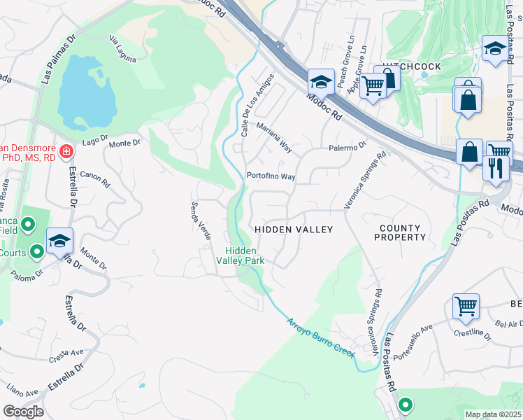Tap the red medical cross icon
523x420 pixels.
pos(66,151)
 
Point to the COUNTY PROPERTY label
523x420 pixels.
pos(402,233)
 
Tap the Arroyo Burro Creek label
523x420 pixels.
pos(321,337)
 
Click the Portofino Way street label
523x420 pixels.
pos(270,176)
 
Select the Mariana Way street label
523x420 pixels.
pos(273,138)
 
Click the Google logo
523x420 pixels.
pos(23,411)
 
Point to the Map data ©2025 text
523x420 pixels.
pos(492,414)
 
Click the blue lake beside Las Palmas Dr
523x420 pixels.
pos(86,91)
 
